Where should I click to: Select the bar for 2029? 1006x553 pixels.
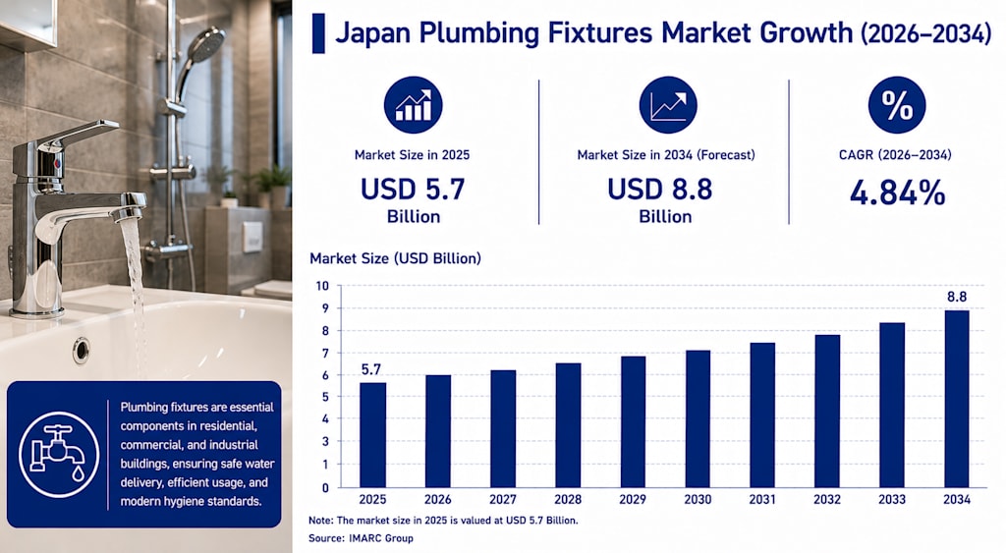pyautogui.click(x=634, y=421)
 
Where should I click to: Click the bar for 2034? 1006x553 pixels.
pyautogui.click(x=957, y=399)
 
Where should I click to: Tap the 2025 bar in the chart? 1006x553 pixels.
pyautogui.click(x=372, y=435)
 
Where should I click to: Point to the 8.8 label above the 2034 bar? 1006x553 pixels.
pyautogui.click(x=957, y=297)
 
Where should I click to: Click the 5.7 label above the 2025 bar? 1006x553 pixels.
pyautogui.click(x=370, y=369)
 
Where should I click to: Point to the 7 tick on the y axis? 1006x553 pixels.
pyautogui.click(x=324, y=354)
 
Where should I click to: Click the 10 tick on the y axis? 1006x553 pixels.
pyautogui.click(x=322, y=286)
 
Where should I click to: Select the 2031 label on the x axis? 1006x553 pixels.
pyautogui.click(x=762, y=499)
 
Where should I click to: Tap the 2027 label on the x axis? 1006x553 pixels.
pyautogui.click(x=502, y=499)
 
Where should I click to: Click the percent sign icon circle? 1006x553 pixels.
pyautogui.click(x=896, y=105)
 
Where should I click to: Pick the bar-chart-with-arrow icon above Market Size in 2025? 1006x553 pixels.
pyautogui.click(x=414, y=105)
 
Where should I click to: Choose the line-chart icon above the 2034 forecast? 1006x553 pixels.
pyautogui.click(x=668, y=105)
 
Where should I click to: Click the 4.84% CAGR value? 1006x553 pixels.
pyautogui.click(x=897, y=193)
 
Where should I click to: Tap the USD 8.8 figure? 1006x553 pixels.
pyautogui.click(x=659, y=190)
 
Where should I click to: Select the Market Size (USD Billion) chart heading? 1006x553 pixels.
pyautogui.click(x=395, y=258)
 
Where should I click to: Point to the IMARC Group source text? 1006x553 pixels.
pyautogui.click(x=381, y=538)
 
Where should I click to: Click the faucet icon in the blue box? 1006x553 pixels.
pyautogui.click(x=58, y=454)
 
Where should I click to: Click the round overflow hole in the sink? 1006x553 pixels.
pyautogui.click(x=81, y=351)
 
